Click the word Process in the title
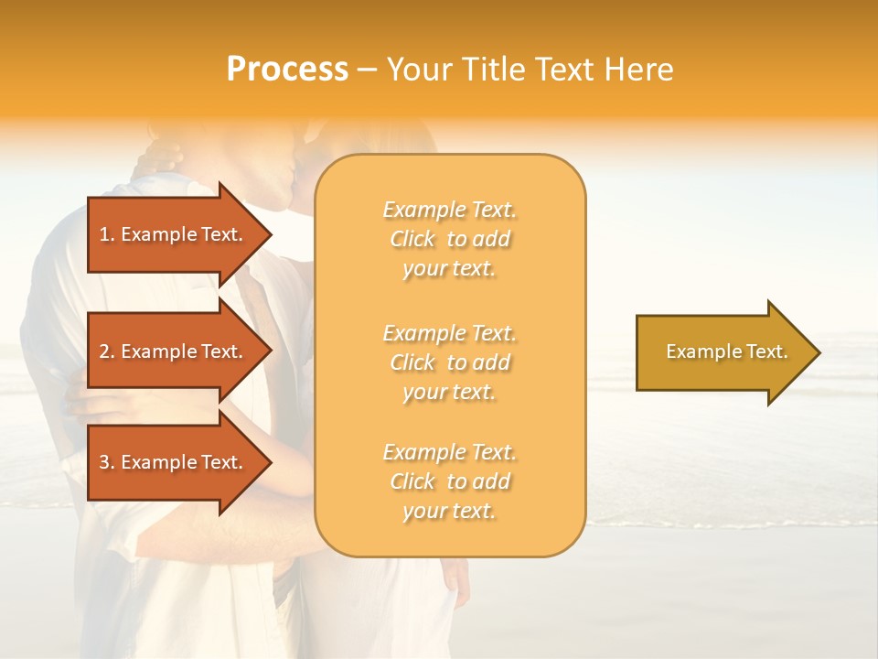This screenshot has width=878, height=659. pos(287,70)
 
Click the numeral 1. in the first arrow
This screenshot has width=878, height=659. pos(106,234)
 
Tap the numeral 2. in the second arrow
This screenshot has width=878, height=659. pos(106,351)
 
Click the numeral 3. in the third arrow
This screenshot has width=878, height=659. pos(106,462)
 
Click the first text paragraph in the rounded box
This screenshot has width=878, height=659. pos(449,239)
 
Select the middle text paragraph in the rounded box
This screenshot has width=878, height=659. pos(449,362)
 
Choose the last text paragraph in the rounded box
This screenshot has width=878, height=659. pos(449,481)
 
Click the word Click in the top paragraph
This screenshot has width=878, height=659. pos(412,239)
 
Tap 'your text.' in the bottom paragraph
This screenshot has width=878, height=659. pos(449,511)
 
